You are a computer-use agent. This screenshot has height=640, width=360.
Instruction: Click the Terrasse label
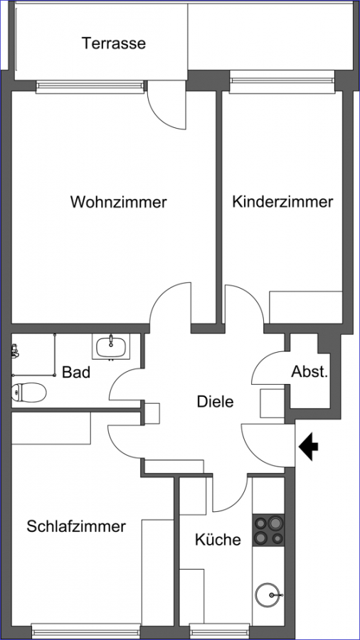click(x=114, y=43)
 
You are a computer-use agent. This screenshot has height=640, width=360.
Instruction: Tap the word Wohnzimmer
click(x=119, y=202)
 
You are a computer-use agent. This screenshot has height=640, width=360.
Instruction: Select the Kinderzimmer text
click(x=282, y=202)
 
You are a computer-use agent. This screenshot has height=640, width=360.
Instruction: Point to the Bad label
click(x=76, y=372)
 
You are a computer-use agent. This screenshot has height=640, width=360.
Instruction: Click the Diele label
click(x=215, y=401)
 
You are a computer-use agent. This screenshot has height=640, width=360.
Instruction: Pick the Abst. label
click(x=309, y=372)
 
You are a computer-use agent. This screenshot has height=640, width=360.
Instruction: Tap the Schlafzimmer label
click(x=76, y=526)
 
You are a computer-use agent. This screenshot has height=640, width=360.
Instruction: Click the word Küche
click(x=218, y=540)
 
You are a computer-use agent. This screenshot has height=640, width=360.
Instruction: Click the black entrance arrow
click(x=309, y=447)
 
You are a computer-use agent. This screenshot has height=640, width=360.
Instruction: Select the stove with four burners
click(x=268, y=530)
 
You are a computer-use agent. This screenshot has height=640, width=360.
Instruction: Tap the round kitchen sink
click(x=268, y=595)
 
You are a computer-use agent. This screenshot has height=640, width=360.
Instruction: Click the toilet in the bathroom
click(x=28, y=393)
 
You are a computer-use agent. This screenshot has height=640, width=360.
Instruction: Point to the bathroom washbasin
click(x=110, y=346)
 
